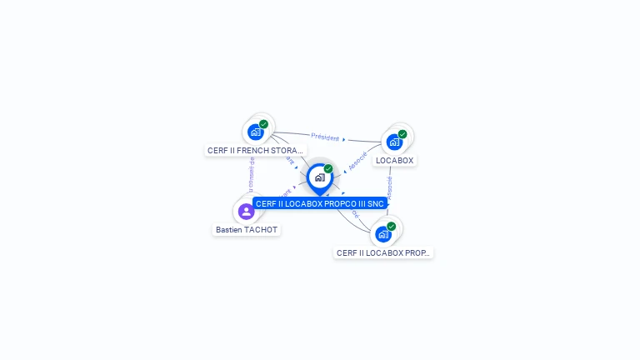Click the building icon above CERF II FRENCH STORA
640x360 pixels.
tap(256, 132)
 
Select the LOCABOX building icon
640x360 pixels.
tap(394, 141)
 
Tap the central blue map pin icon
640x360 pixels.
tap(319, 177)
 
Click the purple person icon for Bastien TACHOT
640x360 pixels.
tap(246, 211)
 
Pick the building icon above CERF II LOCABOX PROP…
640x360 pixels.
tap(382, 233)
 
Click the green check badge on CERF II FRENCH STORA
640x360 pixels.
tap(264, 124)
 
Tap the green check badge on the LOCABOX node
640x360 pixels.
tap(402, 133)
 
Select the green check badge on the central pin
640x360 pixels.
tap(328, 168)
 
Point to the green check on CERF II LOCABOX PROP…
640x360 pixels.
tap(391, 226)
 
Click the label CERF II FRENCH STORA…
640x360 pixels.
tap(255, 151)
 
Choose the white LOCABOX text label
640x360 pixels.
tap(394, 160)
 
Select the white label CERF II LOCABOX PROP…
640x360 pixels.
tap(383, 252)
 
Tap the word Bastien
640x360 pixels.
tap(229, 229)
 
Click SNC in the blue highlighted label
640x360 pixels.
tap(376, 203)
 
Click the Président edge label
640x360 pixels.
tap(325, 137)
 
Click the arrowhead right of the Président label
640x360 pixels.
tap(344, 139)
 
